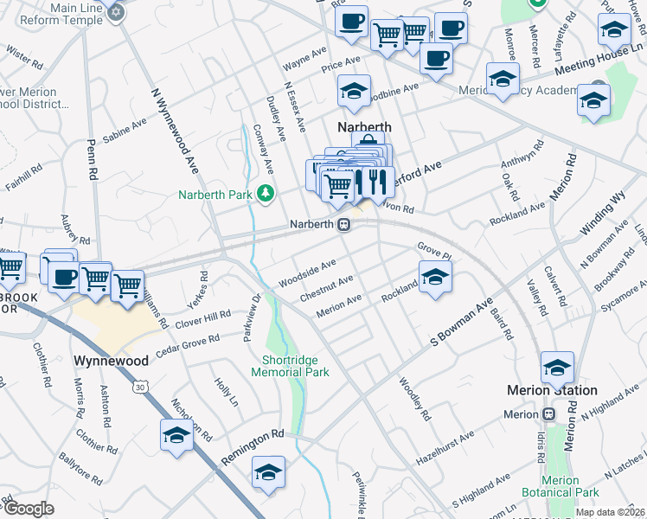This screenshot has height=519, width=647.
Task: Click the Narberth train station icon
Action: [x=343, y=225]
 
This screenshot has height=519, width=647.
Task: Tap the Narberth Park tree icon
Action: [x=267, y=194]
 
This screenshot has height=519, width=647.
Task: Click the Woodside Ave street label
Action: [x=306, y=272]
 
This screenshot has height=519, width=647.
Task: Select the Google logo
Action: [x=29, y=509]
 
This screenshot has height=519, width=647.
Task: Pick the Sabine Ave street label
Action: [x=125, y=131]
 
